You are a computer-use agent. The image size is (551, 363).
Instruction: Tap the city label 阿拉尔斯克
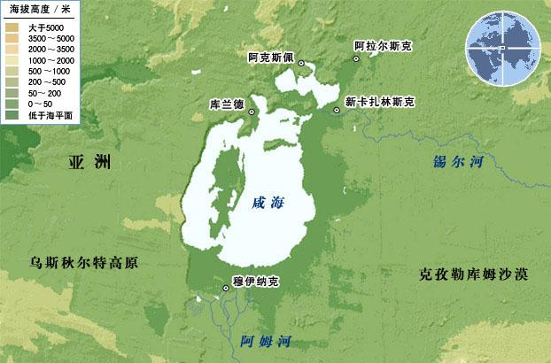[384, 45]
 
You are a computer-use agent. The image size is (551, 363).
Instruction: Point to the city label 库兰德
[226, 104]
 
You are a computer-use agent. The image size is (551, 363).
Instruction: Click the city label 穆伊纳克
[255, 282]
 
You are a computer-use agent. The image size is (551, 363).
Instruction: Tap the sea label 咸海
[269, 202]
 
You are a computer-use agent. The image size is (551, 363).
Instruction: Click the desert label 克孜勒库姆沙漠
[473, 274]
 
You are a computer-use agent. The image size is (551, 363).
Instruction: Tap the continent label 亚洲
[91, 162]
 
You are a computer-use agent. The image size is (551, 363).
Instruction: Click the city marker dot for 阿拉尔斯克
[356, 58]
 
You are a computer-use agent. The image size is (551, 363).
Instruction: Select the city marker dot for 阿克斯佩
[301, 63]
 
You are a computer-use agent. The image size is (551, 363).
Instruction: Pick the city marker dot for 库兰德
[252, 112]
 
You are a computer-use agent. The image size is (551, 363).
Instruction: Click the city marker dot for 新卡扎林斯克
[338, 110]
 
